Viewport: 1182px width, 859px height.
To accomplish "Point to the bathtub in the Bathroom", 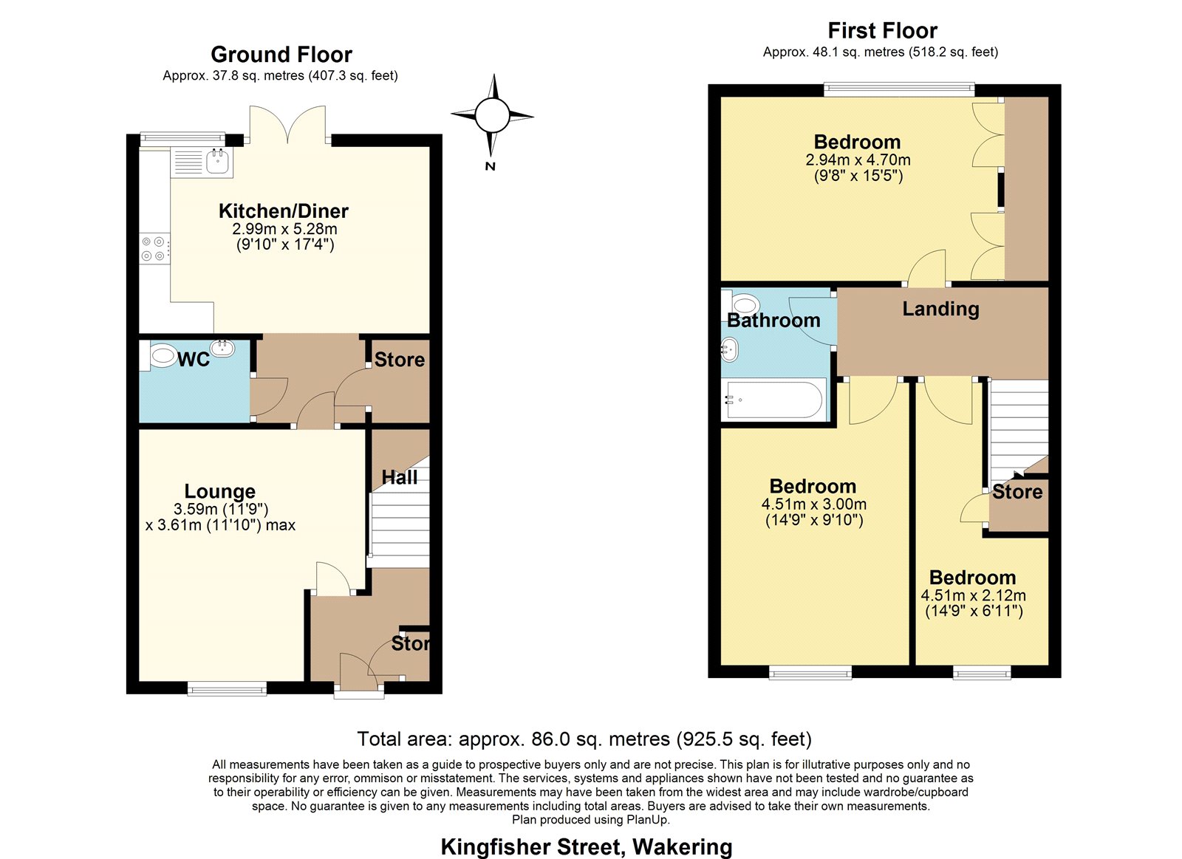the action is [x=775, y=400].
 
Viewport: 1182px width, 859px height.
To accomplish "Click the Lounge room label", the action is [x=220, y=491].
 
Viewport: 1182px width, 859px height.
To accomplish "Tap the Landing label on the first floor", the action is [x=940, y=309].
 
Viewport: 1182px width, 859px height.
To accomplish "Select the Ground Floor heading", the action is [x=281, y=55].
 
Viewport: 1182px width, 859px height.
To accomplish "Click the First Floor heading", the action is [x=882, y=30].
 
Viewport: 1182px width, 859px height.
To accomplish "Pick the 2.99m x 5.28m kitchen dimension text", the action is [x=284, y=229].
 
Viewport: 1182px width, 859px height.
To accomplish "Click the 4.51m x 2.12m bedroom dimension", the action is [x=974, y=596].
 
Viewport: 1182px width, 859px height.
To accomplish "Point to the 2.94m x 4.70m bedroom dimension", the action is [x=858, y=160].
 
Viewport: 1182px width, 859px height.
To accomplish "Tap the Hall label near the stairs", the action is [x=400, y=478].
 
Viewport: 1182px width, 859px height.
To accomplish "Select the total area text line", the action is [x=584, y=739].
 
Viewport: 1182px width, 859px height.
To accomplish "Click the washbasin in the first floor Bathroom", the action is [x=730, y=349].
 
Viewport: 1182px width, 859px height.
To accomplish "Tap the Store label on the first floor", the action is [x=1017, y=492].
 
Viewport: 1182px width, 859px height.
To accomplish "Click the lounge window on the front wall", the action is [x=227, y=688].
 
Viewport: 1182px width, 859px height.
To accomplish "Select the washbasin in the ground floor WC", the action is [x=222, y=348].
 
